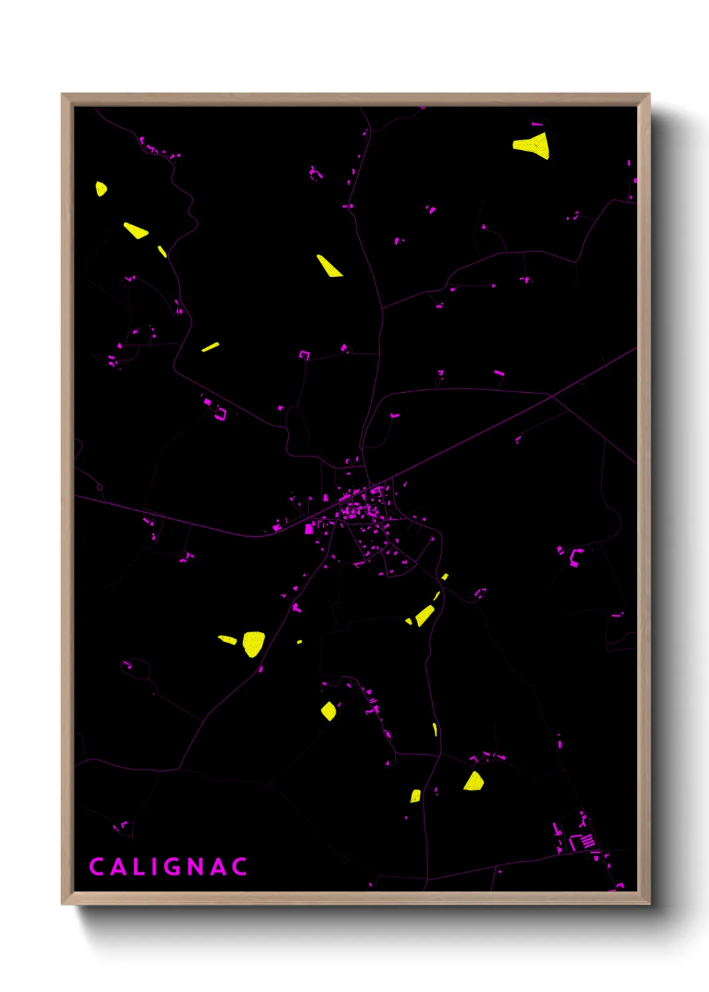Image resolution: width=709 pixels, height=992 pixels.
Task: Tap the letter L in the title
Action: [135, 867]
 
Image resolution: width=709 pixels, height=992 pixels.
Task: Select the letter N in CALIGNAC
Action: [195, 867]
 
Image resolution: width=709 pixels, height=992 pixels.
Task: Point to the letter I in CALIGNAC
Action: [153, 867]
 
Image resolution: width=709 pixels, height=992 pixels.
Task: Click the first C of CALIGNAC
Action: [96, 867]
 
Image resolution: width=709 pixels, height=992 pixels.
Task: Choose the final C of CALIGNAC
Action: [240, 867]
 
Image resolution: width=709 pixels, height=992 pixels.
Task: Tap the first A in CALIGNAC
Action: [116, 867]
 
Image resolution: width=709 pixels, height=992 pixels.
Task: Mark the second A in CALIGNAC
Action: [218, 867]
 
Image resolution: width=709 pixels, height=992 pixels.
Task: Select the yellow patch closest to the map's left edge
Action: [101, 188]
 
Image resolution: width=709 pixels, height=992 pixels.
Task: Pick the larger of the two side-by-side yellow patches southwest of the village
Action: [253, 643]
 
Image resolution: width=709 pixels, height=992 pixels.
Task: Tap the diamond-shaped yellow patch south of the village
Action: [328, 710]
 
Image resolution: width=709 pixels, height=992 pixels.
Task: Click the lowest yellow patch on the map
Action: [415, 796]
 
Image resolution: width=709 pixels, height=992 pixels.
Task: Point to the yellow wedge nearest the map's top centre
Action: [328, 266]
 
